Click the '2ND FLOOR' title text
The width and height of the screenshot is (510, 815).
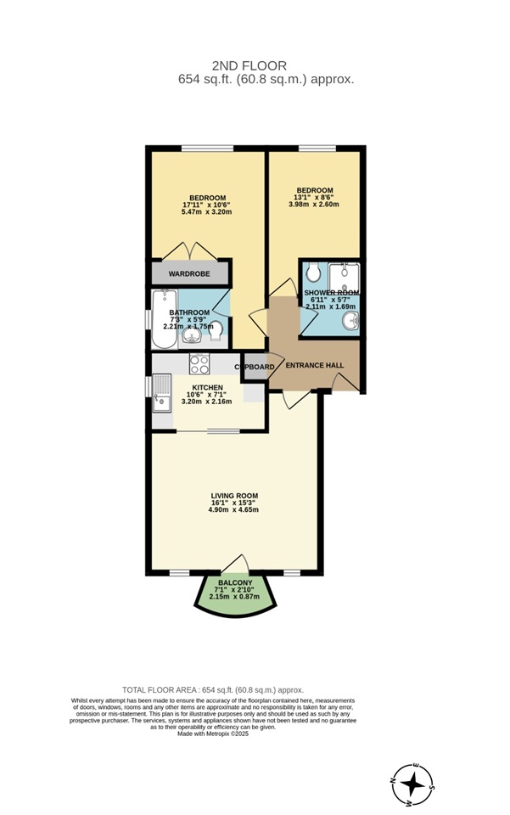point(249,65)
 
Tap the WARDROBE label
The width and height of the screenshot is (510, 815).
point(189,273)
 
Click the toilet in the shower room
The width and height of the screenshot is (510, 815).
point(313,273)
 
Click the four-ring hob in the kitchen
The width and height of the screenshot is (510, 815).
point(199,364)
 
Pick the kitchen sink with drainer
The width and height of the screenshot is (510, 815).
point(160,395)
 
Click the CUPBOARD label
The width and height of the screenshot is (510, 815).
point(255,367)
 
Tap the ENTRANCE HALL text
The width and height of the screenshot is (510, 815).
point(315,365)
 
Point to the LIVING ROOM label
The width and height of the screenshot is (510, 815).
point(234,496)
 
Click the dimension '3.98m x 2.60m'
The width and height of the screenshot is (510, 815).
point(315,204)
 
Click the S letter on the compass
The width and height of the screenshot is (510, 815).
point(432,787)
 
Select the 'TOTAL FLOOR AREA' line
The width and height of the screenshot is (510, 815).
point(213,690)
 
